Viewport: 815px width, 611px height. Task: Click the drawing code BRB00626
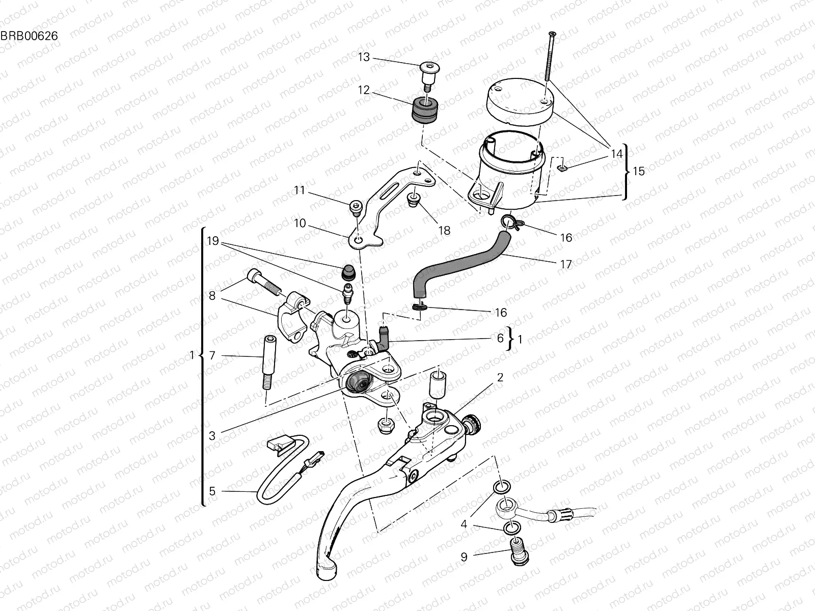coord(29,36)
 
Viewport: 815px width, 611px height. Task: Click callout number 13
coord(364,57)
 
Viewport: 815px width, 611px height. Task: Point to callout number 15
coord(638,171)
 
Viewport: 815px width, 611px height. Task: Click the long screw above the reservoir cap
coord(550,56)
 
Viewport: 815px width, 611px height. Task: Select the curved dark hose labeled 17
coord(458,260)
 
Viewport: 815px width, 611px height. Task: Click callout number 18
coord(444,231)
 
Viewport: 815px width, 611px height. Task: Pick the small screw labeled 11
coord(356,206)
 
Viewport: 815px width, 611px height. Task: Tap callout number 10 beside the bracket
coord(300,223)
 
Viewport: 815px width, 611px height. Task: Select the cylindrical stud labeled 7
coord(268,362)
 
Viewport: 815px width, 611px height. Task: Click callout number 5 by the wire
coord(212,491)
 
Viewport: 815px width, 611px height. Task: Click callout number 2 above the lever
coord(500,377)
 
